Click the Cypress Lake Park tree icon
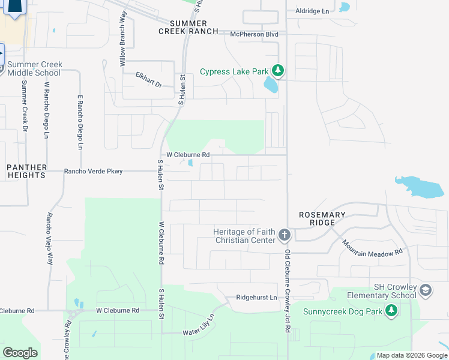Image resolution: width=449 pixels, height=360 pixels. [x=277, y=71]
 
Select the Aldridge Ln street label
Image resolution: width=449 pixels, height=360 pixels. [x=313, y=11]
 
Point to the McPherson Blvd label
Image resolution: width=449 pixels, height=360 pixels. [x=255, y=34]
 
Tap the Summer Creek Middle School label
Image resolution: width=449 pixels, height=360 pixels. [x=34, y=68]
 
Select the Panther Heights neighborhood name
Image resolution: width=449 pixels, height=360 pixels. [x=26, y=170]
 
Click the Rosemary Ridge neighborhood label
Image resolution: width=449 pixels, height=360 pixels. [x=323, y=219]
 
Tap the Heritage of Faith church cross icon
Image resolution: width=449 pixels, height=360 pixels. [x=285, y=235]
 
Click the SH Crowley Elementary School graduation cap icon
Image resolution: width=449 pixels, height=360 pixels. [x=426, y=290]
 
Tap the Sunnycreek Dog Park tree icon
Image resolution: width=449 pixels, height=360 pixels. [x=391, y=311]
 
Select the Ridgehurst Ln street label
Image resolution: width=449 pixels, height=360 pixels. [x=257, y=298]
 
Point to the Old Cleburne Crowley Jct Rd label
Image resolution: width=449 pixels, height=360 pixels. [x=288, y=295]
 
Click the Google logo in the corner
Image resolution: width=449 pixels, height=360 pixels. [x=20, y=352]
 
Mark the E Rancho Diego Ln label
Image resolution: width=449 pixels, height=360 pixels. [x=79, y=122]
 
